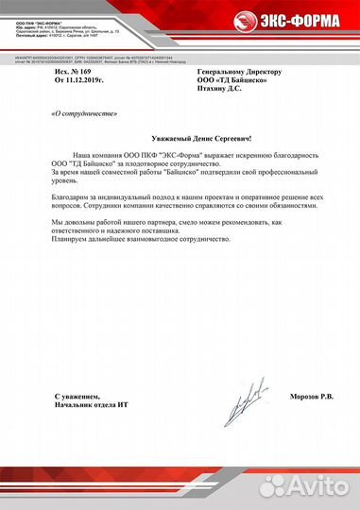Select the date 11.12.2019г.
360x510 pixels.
[88, 80]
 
